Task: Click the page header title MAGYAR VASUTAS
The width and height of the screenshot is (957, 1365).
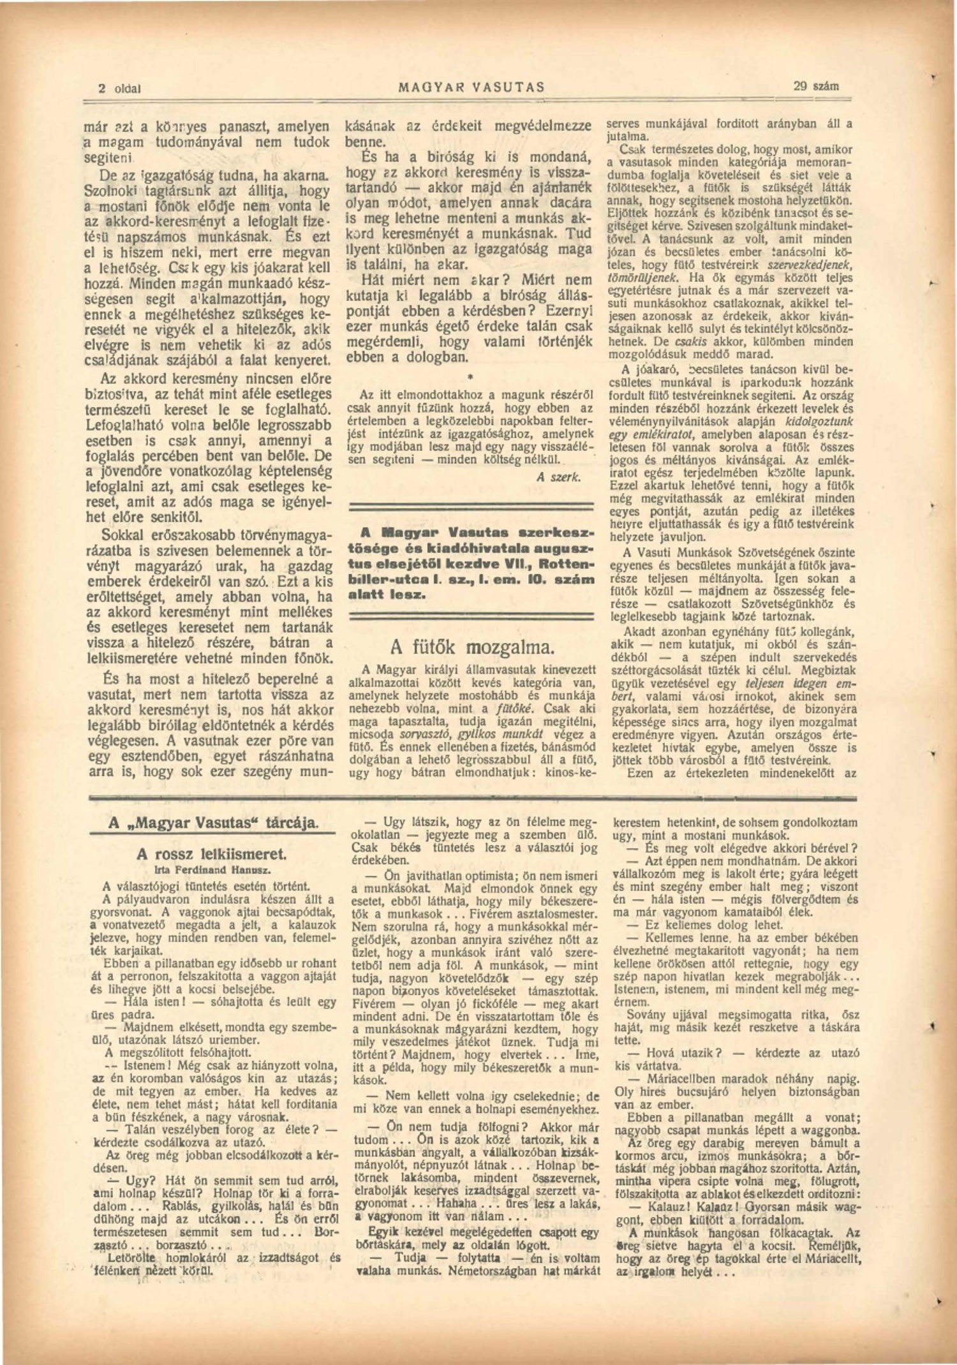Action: click(471, 87)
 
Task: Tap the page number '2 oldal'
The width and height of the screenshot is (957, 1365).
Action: click(119, 88)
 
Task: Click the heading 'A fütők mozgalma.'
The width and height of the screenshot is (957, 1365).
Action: click(472, 647)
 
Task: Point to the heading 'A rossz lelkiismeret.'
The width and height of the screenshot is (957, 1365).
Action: click(212, 854)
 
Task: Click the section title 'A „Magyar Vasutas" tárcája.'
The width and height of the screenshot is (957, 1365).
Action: click(212, 823)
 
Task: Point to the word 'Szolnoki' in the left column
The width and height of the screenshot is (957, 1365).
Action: click(110, 190)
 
